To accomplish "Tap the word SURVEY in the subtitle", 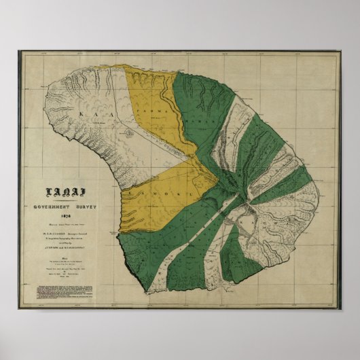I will coord(88,206).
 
